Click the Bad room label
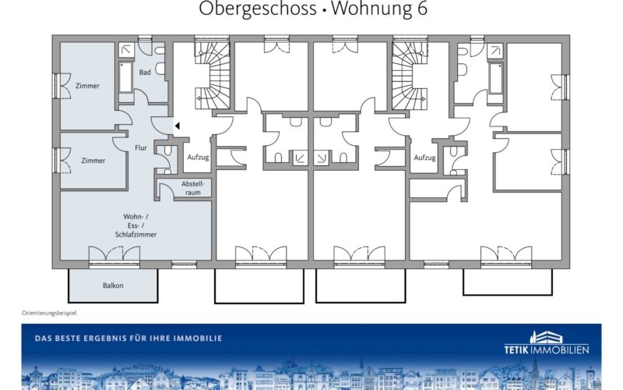145,73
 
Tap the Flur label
141,148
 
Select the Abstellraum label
192,188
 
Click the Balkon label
113,285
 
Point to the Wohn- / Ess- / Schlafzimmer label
136,225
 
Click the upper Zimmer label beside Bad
87,86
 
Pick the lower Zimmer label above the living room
93,161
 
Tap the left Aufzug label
198,158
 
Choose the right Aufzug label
424,158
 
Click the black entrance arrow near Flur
178,126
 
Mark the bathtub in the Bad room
125,77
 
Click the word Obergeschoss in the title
258,9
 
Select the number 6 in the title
422,9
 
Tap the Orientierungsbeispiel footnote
49,314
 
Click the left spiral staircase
212,76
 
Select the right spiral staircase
410,76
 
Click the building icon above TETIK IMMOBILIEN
547,338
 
